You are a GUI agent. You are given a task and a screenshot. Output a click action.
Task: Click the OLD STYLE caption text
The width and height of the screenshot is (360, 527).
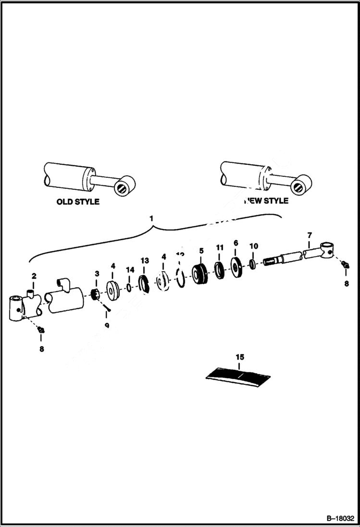[x=78, y=202]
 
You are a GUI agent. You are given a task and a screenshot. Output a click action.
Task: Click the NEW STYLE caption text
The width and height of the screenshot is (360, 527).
[x=266, y=201]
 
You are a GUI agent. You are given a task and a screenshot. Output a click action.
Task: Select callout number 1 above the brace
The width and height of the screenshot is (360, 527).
[x=152, y=218]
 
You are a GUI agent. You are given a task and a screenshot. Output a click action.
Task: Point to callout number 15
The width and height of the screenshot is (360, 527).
[x=240, y=357]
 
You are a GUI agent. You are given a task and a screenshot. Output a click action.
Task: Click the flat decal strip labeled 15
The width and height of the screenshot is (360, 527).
[x=239, y=376]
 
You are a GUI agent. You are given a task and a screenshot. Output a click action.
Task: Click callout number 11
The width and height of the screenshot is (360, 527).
[x=220, y=247]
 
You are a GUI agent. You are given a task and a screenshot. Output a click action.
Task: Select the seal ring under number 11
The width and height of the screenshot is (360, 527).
[x=220, y=270]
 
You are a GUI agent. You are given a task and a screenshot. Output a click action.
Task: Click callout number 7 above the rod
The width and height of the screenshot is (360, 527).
[x=309, y=235]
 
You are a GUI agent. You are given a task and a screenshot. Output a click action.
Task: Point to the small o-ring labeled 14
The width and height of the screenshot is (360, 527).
[x=130, y=288]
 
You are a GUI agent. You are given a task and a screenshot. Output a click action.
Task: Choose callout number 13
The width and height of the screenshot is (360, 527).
[x=144, y=260]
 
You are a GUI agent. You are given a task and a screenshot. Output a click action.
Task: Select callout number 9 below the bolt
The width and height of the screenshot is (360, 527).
[x=107, y=325]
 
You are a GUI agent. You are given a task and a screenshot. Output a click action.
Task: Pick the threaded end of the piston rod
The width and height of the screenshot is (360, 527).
[x=272, y=261]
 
